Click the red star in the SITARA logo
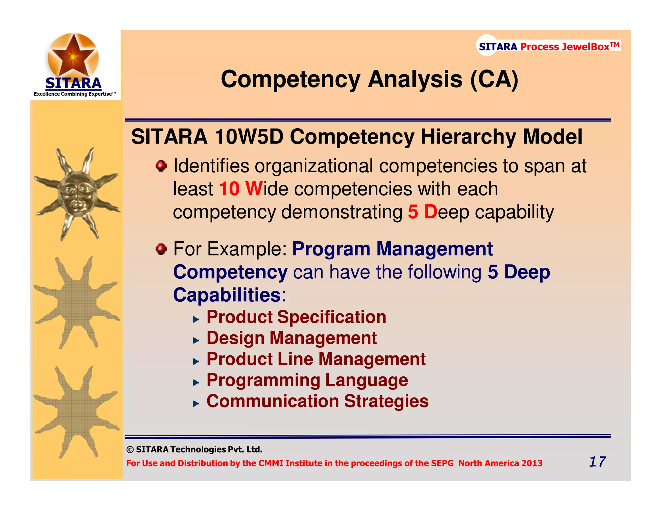click(73, 55)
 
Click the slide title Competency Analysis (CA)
click(369, 79)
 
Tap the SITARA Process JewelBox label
click(549, 47)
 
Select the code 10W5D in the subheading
click(249, 137)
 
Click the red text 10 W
click(240, 189)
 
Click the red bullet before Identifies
click(161, 166)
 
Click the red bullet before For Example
click(161, 249)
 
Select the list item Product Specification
click(296, 317)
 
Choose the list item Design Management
click(291, 338)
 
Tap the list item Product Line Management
click(316, 359)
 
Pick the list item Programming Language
click(307, 380)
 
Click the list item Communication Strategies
click(317, 401)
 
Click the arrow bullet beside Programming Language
click(196, 383)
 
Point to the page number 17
click(597, 462)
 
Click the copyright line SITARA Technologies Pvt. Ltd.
click(194, 449)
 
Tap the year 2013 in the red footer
click(532, 463)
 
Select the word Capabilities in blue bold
click(227, 295)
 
